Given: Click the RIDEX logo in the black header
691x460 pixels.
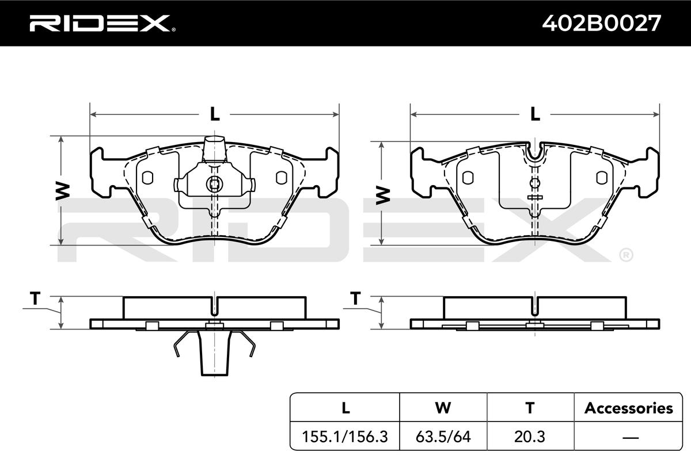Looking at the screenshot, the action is [102, 23].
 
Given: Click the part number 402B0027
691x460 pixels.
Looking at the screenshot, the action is [601, 24].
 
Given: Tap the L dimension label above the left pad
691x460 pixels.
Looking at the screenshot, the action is [215, 114].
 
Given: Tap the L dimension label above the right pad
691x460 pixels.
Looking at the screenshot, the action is [535, 114].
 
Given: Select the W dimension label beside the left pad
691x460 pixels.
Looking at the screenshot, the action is [63, 191].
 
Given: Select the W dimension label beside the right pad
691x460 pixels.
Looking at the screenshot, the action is [383, 195].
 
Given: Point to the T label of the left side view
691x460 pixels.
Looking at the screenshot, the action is [35, 298].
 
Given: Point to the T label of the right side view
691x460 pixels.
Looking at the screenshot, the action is [356, 298].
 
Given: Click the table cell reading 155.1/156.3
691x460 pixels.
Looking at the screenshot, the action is [345, 436].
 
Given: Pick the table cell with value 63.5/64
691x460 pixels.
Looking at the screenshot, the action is [443, 436].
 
